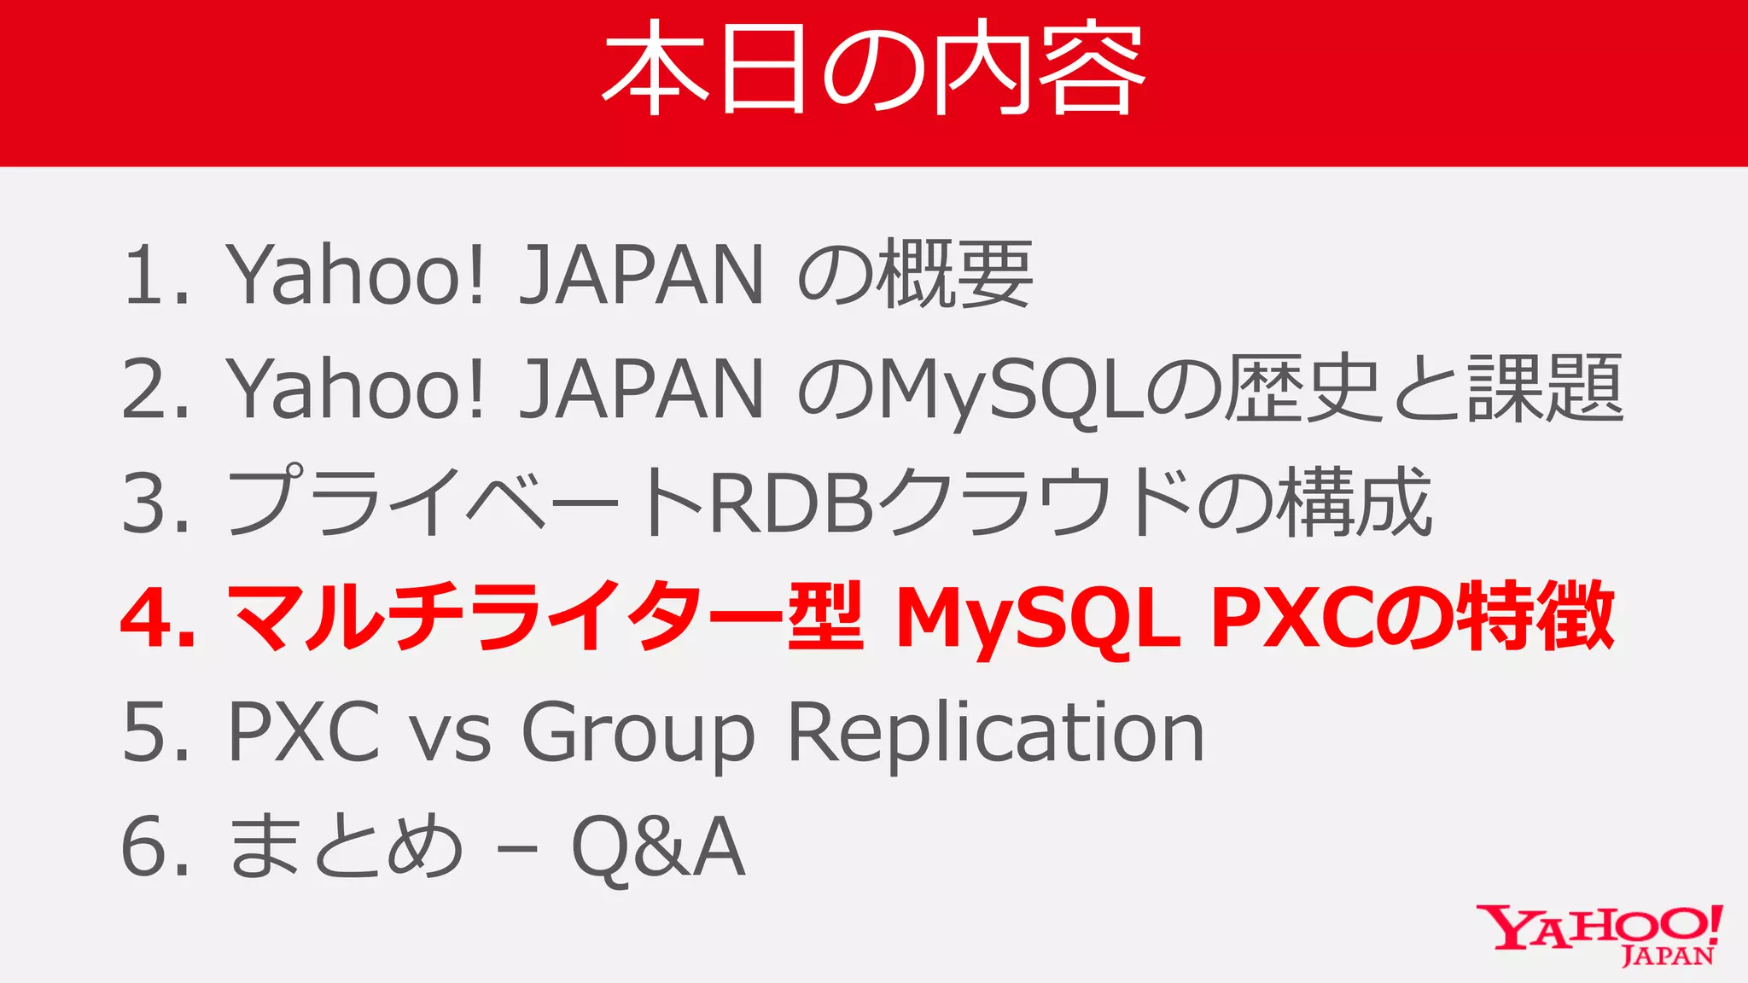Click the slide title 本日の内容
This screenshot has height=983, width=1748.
coord(873,68)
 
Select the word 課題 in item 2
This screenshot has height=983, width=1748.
coord(1545,389)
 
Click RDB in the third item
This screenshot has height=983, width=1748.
coord(792,503)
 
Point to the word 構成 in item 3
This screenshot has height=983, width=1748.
coord(1354,503)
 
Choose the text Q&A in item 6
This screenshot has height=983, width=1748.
coord(658,846)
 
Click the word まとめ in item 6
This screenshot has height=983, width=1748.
coord(346,846)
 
